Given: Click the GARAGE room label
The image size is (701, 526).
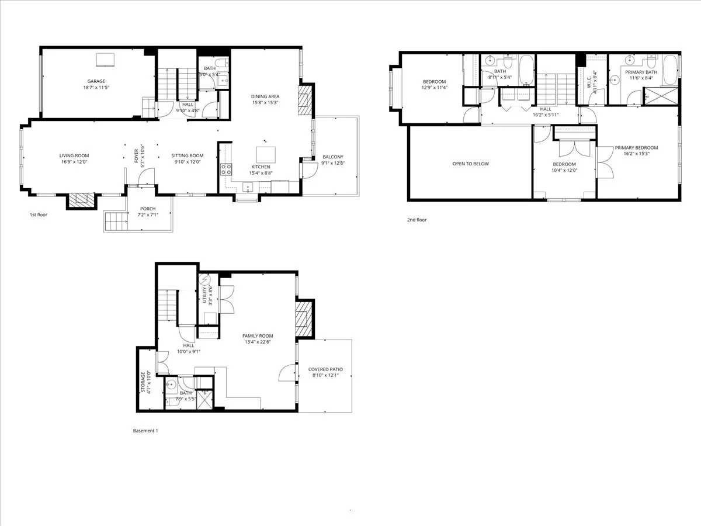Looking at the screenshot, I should [96, 81].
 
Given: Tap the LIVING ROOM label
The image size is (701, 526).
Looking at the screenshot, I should [74, 155].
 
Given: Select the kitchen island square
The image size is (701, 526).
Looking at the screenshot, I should [266, 154].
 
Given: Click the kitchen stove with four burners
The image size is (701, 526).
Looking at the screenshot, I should [225, 170].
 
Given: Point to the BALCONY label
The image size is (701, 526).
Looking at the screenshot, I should [333, 157].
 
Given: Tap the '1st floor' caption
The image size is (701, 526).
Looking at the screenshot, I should [39, 215].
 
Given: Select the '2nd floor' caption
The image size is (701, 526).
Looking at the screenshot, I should [417, 220].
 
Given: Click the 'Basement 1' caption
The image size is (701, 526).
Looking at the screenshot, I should [145, 431].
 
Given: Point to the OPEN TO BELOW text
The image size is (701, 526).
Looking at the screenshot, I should [470, 164].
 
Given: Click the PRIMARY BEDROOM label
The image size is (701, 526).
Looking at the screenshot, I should [636, 148].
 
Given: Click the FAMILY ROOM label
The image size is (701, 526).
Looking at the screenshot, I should [258, 335].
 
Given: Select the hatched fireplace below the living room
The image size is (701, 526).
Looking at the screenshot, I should [81, 201].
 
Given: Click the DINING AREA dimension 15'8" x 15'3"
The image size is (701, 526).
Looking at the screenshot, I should [265, 102].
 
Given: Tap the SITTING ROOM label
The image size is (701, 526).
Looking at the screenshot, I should [187, 155].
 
